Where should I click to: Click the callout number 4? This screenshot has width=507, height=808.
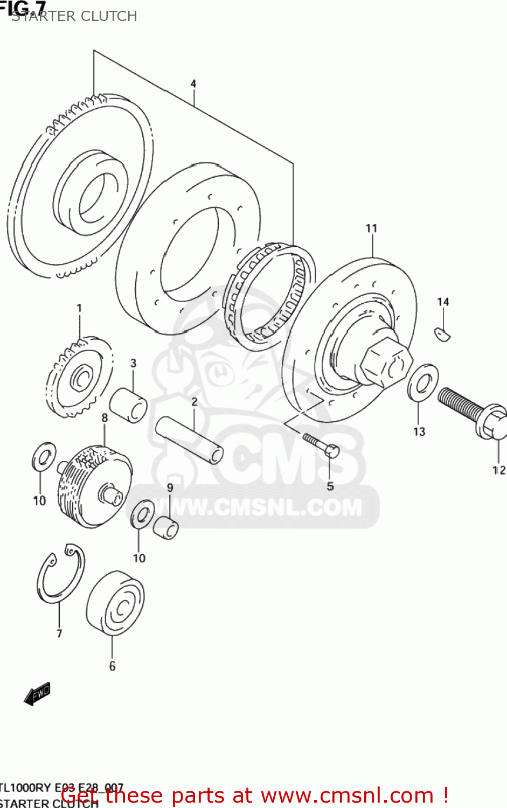[193, 83]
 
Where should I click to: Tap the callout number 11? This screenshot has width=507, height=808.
[371, 228]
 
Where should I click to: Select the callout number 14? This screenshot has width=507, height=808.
[443, 302]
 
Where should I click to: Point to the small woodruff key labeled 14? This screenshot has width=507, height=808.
[442, 334]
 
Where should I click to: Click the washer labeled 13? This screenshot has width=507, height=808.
[422, 383]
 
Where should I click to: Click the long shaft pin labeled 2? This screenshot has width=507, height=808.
[189, 438]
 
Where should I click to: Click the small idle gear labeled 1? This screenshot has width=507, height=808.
[80, 377]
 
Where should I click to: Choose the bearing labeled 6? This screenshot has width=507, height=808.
[115, 603]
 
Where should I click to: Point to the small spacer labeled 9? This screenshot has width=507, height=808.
[166, 527]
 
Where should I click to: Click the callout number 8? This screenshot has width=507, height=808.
[105, 417]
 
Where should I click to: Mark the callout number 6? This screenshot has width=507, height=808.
[112, 666]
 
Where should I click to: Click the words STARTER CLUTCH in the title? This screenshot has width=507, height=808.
[74, 16]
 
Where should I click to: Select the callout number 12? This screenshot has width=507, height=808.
[499, 470]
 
